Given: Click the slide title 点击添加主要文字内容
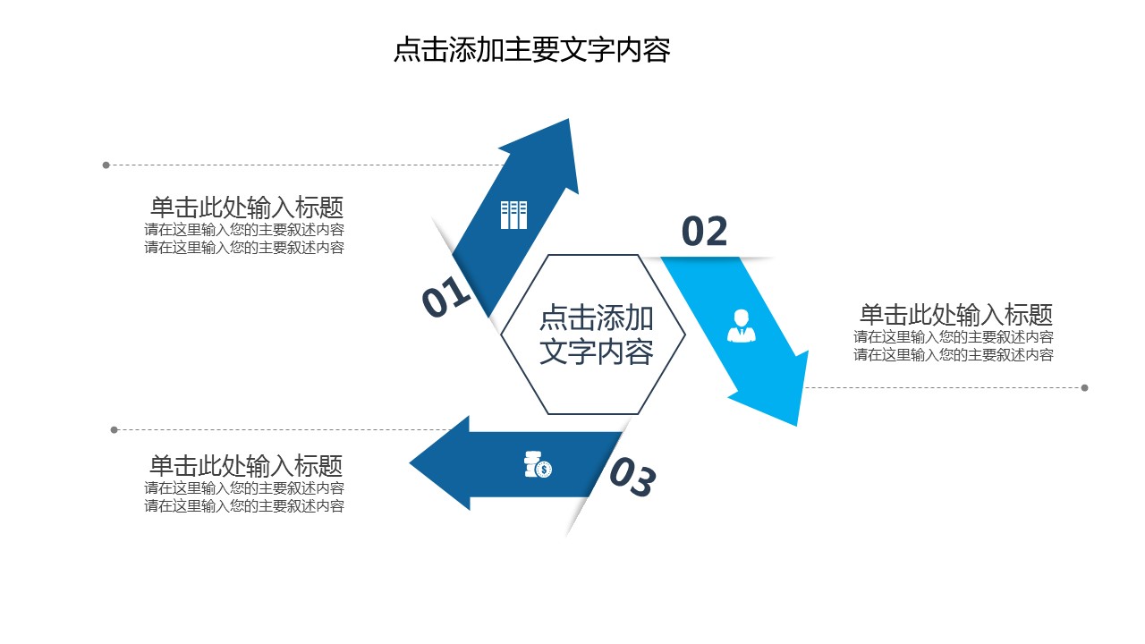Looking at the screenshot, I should point(532,50).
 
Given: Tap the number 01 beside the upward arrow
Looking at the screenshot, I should point(445,297).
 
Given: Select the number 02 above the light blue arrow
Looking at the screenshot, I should point(705,233).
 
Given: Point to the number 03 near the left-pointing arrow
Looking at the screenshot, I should point(632,479).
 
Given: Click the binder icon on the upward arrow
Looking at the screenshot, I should point(513,215).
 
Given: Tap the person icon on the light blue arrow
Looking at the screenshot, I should point(741,326).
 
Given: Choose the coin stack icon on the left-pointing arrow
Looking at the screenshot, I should point(538,465).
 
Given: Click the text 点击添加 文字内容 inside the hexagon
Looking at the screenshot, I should point(596,335).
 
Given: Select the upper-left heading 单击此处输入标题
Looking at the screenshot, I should point(247,208).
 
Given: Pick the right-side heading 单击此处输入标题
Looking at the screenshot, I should point(955,315).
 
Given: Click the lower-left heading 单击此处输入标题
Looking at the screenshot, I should point(246,466).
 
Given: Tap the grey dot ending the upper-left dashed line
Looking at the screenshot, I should point(106,165).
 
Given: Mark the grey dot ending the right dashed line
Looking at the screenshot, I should point(1085,388).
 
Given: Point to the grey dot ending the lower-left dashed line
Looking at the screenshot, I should point(114,430).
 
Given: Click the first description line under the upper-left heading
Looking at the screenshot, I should point(244,230).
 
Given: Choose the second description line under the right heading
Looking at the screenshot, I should point(954,355).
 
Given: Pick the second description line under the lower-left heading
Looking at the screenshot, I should point(244,506).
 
